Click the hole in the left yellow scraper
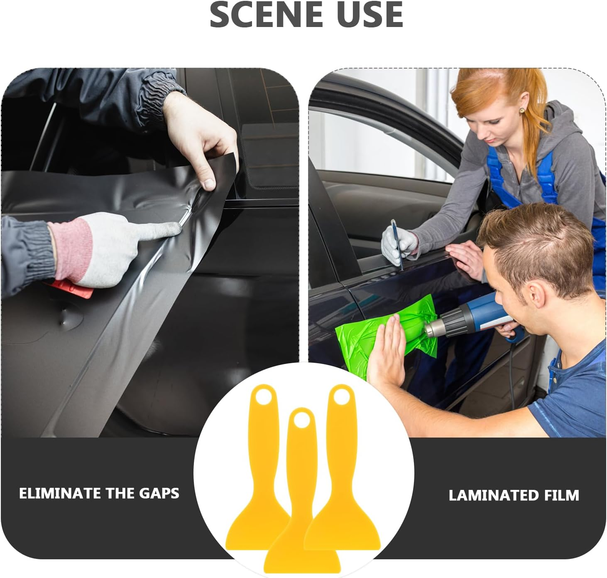click(x=262, y=398)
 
